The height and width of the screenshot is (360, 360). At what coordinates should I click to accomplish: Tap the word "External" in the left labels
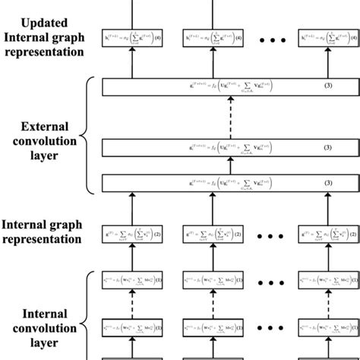(x=44, y=127)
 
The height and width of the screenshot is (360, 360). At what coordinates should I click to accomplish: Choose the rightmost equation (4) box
(x=329, y=37)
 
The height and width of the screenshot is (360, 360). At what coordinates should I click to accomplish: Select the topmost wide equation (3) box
(x=219, y=89)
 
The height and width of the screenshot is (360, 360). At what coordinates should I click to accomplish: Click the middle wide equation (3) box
(x=219, y=147)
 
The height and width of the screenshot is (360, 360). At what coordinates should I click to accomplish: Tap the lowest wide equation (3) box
(x=219, y=184)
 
